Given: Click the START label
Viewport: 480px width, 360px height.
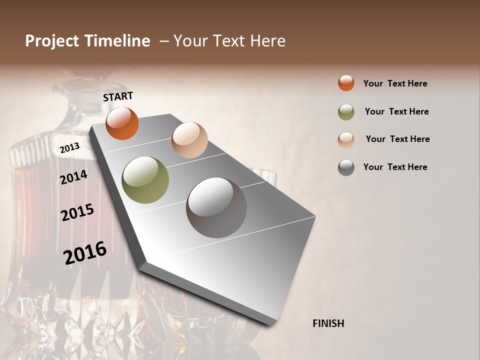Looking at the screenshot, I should (x=118, y=96).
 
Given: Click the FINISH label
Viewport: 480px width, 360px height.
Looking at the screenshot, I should (x=328, y=323).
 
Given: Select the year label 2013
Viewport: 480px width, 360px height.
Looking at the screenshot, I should (x=69, y=148).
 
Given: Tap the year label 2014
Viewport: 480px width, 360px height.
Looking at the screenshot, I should (x=73, y=177).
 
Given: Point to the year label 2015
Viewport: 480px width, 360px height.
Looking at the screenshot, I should (x=77, y=212).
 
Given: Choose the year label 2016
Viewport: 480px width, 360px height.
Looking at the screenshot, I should (x=85, y=252).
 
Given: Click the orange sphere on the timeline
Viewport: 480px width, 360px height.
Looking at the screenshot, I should (x=122, y=123).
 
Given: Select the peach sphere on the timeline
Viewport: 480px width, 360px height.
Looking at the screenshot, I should (x=189, y=139).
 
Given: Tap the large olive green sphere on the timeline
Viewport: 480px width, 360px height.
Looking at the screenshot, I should (x=145, y=180).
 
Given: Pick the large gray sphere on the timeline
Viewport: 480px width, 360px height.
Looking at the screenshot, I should (x=216, y=207).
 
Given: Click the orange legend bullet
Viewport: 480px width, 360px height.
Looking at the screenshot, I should (x=346, y=83).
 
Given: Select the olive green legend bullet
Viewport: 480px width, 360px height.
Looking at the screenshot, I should (x=346, y=112).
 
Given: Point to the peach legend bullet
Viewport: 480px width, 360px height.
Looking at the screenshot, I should (x=346, y=139).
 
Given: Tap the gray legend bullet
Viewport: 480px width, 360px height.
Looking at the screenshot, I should (x=346, y=167).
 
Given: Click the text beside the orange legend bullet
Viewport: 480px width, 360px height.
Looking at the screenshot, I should (x=395, y=83).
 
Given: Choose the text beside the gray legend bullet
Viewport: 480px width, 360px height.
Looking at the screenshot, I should (x=395, y=167).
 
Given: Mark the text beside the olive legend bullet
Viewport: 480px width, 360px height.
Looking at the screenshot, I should (x=396, y=111).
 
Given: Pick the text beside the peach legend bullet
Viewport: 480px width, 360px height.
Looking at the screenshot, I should (x=397, y=139).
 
